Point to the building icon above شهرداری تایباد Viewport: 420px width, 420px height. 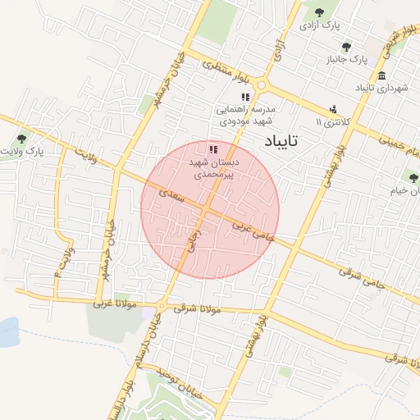(x=382, y=75)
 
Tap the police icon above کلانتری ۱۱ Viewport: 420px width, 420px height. (x=333, y=108)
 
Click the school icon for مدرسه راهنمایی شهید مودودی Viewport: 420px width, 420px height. (x=245, y=97)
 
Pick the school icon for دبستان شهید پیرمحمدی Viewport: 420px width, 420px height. (x=213, y=148)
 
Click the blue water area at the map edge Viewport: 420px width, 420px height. (x=7, y=331)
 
